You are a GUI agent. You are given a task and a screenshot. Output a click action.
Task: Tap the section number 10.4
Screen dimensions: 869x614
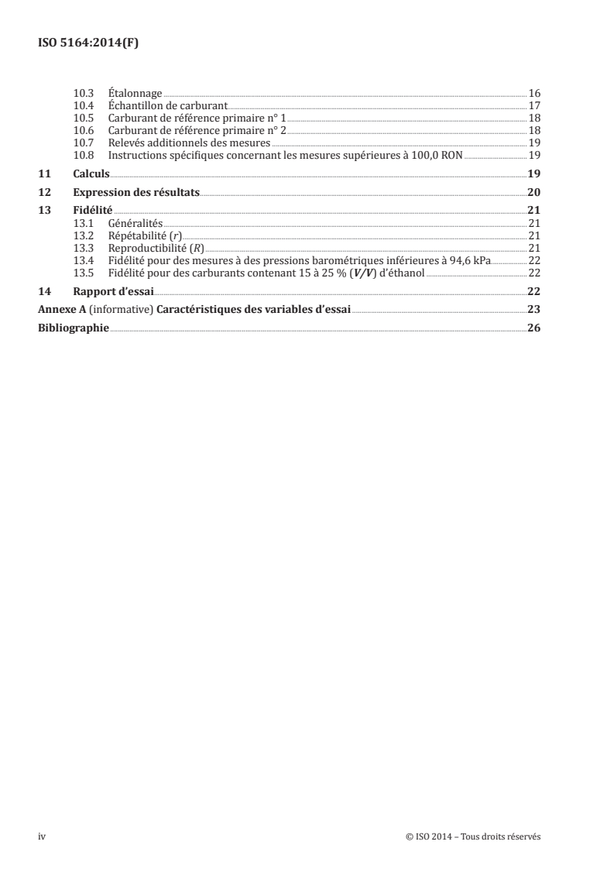click(83, 105)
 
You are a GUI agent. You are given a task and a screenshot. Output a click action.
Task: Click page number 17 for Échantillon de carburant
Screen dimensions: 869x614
click(534, 105)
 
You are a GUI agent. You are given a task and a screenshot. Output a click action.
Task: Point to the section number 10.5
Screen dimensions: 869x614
click(83, 118)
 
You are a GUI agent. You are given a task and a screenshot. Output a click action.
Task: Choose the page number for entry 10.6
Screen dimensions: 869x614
click(534, 130)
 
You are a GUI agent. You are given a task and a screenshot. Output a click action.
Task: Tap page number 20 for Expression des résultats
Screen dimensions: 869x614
click(533, 192)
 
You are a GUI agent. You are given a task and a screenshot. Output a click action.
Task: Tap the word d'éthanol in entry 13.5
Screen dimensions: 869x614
click(400, 273)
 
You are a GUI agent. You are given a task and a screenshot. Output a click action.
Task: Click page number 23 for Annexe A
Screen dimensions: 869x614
click(533, 310)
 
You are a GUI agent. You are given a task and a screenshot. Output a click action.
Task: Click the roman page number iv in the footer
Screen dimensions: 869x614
click(42, 836)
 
